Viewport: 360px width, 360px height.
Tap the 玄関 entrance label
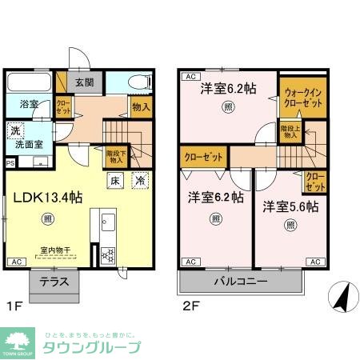85,82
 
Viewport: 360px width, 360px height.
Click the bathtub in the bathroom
30,84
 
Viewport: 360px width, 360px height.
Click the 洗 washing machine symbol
15,131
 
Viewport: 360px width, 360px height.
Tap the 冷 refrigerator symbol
139,181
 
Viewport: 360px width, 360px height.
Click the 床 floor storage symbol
115,181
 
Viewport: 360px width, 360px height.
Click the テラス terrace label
54,282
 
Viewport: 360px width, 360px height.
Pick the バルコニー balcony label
240,282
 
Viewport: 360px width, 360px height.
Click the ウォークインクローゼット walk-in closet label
302,98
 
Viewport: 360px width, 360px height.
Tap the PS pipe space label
10,162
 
